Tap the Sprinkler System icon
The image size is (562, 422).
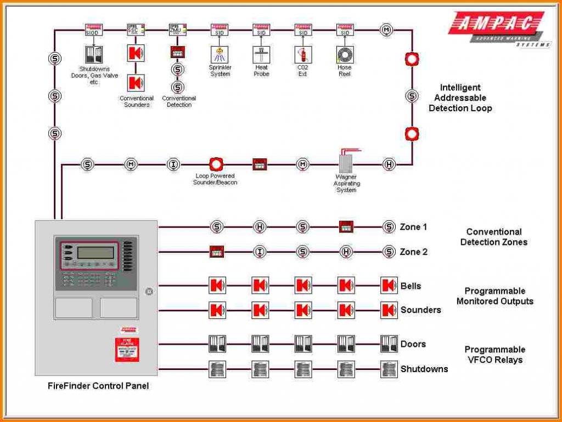(x=220, y=54)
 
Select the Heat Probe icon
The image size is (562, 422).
(x=261, y=54)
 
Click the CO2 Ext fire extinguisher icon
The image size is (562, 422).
(x=303, y=54)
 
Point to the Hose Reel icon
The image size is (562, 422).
(x=345, y=54)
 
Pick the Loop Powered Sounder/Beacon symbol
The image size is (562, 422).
(x=216, y=164)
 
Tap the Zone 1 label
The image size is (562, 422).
(x=413, y=227)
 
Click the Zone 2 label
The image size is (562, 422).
(x=413, y=252)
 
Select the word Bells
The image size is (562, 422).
(x=411, y=286)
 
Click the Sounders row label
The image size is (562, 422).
(x=420, y=310)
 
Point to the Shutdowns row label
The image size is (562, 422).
(x=424, y=369)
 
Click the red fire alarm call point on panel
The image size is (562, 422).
(x=127, y=350)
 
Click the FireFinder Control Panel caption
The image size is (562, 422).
(x=98, y=386)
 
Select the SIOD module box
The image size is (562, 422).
(x=93, y=30)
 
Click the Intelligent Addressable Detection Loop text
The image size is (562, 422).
(x=460, y=98)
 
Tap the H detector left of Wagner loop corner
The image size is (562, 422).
(x=389, y=164)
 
